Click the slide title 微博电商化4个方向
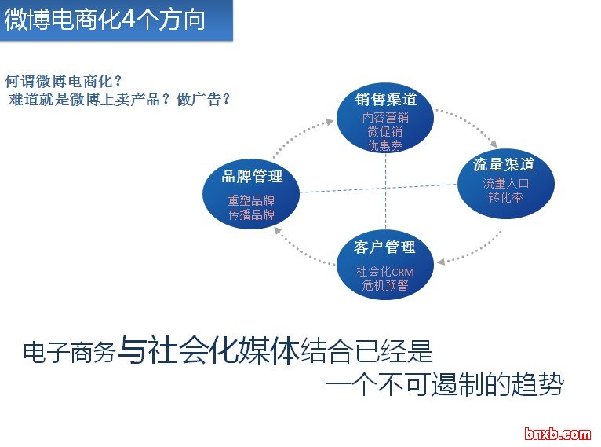(x=105, y=20)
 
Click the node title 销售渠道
(x=385, y=100)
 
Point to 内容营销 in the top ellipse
(x=385, y=117)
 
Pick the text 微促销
(x=385, y=130)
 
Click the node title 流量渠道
(x=504, y=164)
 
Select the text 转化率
(x=505, y=196)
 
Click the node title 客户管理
(x=384, y=247)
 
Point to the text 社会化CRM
(x=384, y=272)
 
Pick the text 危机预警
(x=384, y=285)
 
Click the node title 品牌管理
(x=252, y=176)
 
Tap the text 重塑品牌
(x=252, y=200)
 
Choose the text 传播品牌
(x=252, y=214)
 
